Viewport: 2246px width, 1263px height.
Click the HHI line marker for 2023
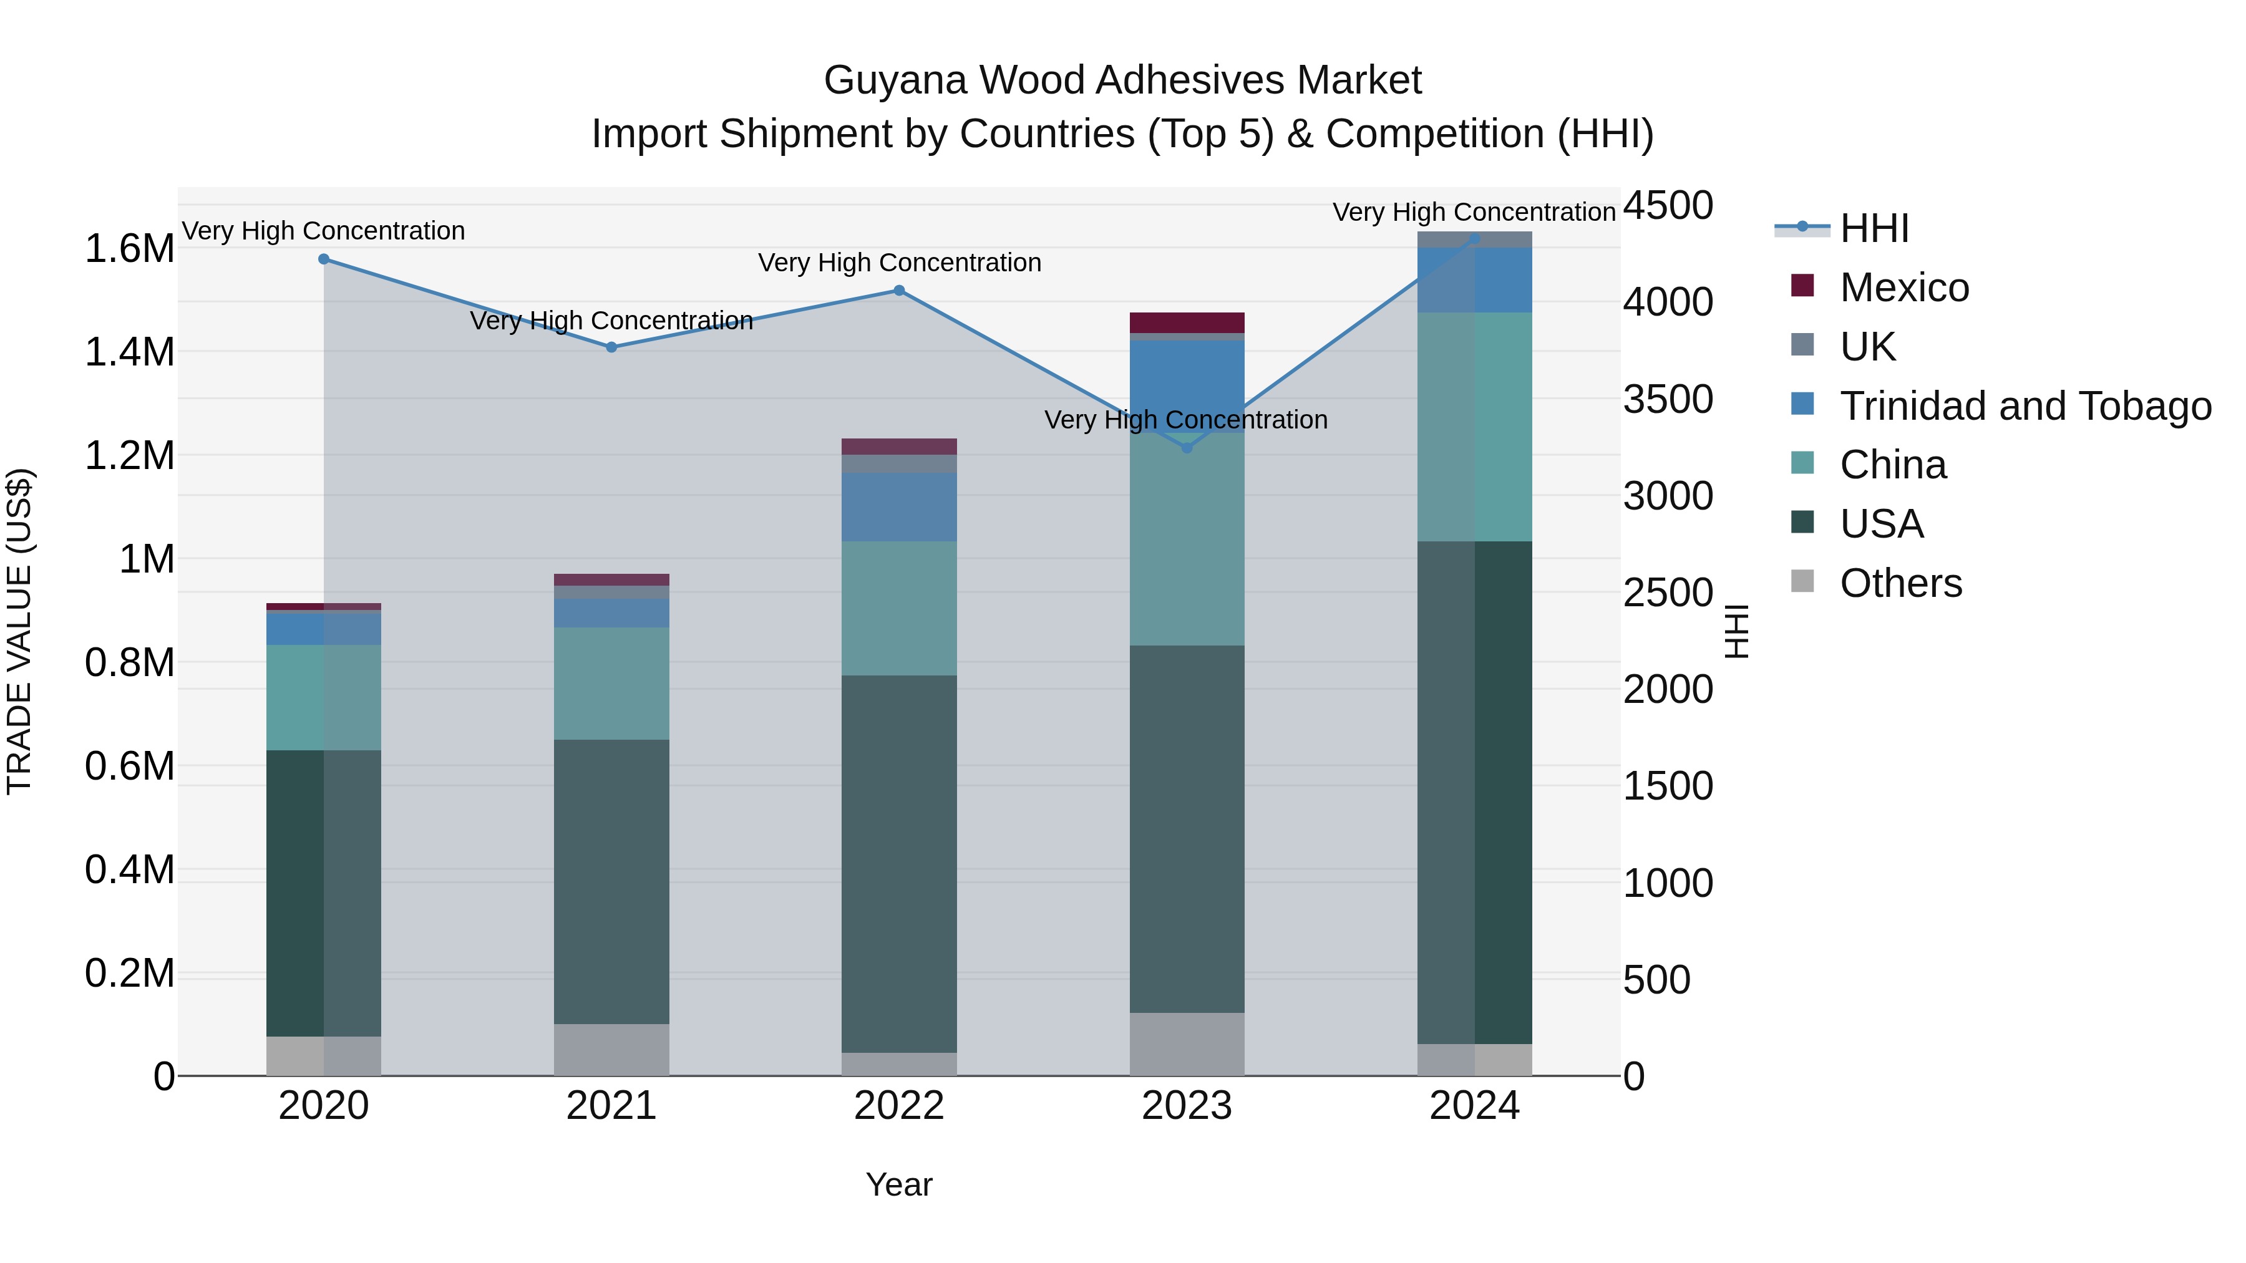coord(1187,447)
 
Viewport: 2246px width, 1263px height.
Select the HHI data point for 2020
coord(323,259)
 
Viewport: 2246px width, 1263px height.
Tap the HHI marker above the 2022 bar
coord(899,290)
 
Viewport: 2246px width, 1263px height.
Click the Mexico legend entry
coord(1904,288)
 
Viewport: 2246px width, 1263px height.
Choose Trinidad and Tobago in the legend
coord(2025,406)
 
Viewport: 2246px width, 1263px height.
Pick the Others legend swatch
coord(1802,581)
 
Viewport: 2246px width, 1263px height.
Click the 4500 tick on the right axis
coord(1668,206)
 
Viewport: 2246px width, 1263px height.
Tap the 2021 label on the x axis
coord(611,1106)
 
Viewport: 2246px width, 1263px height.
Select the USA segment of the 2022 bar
coord(899,863)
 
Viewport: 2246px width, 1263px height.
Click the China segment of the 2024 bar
coord(1474,427)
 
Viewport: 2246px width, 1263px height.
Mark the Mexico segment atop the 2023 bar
coord(1187,322)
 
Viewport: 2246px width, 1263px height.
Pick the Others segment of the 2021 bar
coord(611,1050)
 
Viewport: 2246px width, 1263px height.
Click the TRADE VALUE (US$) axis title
coord(19,631)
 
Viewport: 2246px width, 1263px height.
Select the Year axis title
coord(899,1184)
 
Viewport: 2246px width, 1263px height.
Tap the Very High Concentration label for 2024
coord(1474,212)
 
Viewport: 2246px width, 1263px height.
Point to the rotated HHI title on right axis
coord(1737,631)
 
